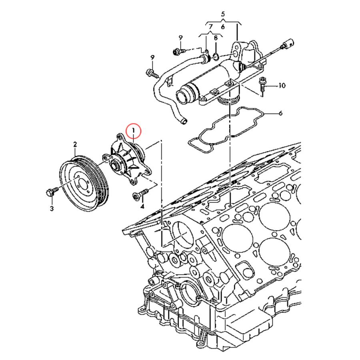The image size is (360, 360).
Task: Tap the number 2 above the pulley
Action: (75, 144)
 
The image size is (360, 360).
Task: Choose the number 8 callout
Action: (216, 38)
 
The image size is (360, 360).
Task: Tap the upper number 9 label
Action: (180, 38)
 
